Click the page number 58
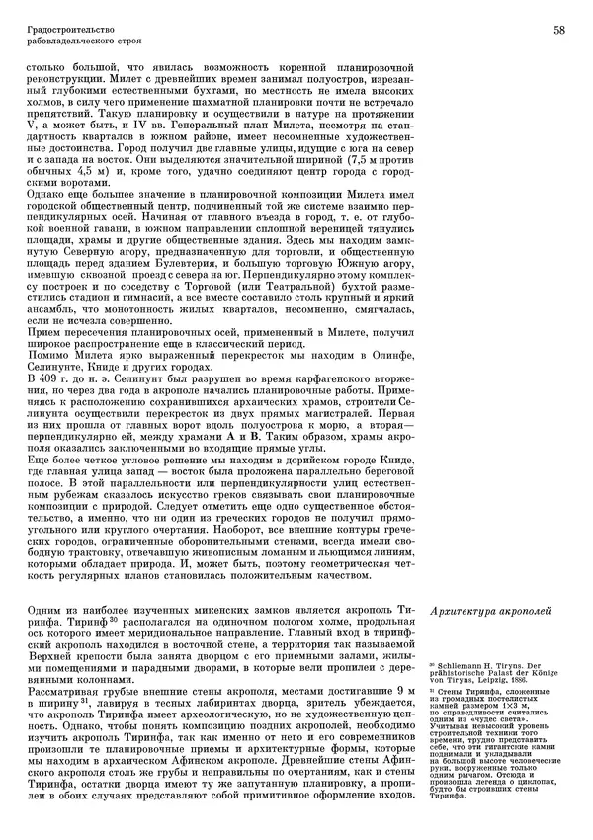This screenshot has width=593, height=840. (559, 31)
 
